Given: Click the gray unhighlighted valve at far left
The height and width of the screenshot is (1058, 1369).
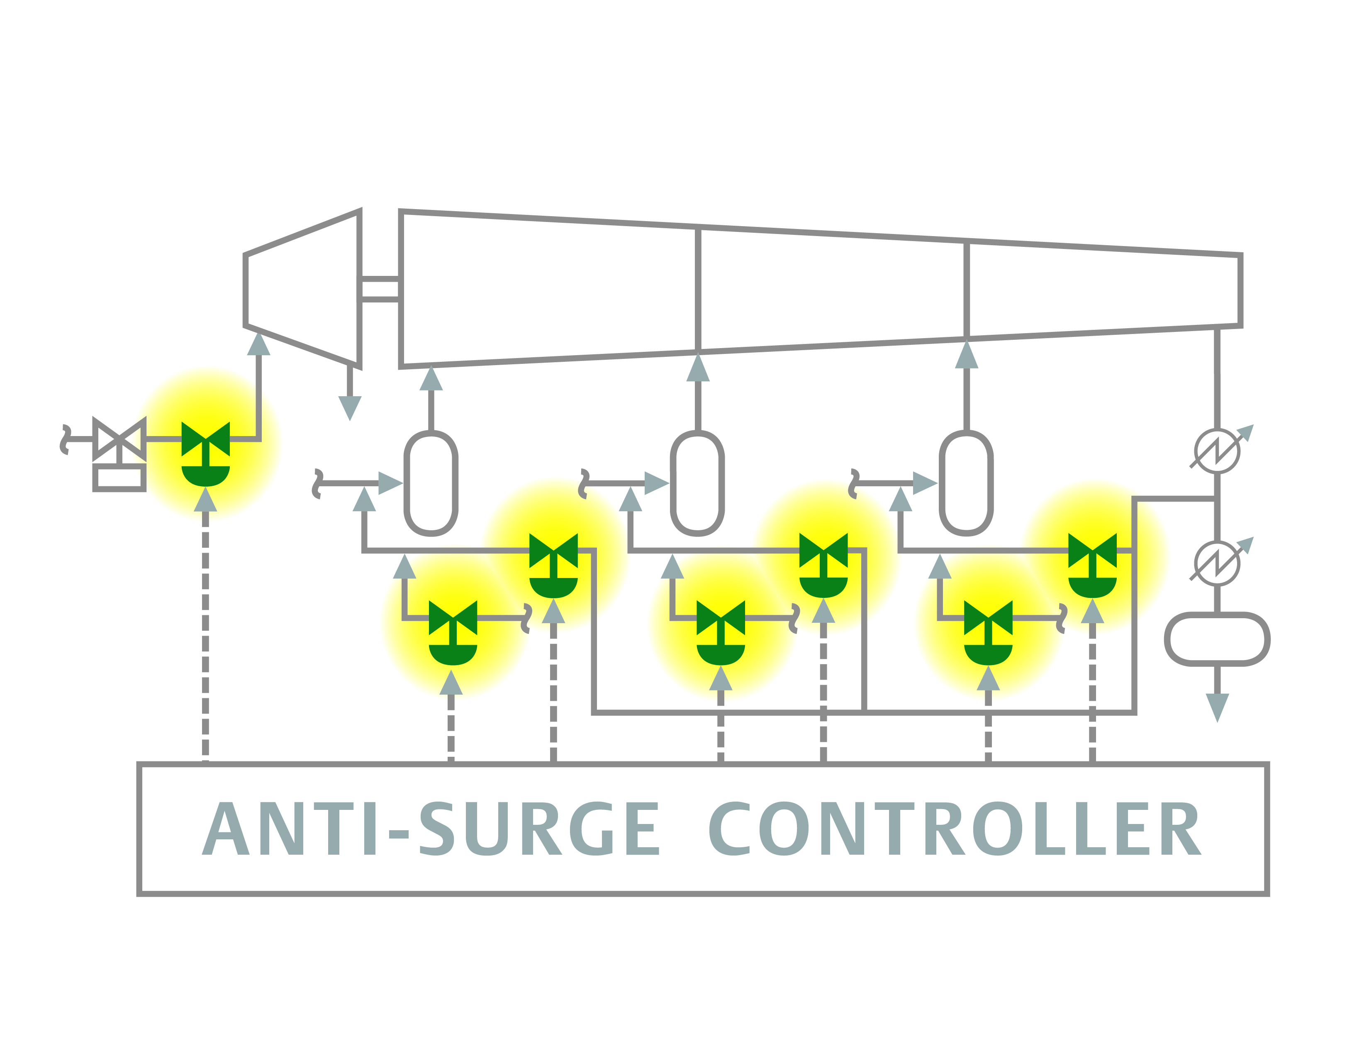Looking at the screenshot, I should (119, 439).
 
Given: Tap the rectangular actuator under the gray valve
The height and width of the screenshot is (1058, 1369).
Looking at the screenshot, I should (119, 478).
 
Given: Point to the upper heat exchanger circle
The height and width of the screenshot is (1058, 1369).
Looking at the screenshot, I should (1217, 451).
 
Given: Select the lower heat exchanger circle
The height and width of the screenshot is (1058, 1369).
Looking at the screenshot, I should (1217, 563).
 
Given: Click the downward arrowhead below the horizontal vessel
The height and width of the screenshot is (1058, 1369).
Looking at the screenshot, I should (1217, 707).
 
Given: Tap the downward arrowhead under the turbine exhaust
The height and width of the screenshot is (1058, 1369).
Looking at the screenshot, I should (350, 407).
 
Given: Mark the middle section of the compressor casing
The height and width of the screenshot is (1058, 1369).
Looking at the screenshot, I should (832, 289).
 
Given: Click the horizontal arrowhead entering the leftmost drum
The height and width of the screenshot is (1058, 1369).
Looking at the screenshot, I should (390, 483).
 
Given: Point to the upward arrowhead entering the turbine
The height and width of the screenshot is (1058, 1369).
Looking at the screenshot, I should (258, 345).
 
